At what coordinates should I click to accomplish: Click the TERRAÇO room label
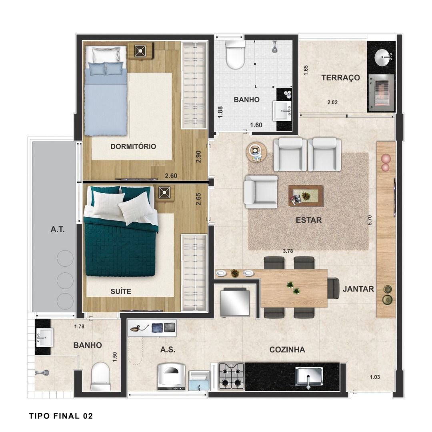[x=340, y=78]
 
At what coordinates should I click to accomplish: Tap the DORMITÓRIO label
[x=133, y=146]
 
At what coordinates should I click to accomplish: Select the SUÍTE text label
[x=121, y=292]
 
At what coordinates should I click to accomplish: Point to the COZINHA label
[x=287, y=350]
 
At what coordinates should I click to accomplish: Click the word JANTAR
[x=358, y=289]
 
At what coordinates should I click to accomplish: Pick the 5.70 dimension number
[x=370, y=220]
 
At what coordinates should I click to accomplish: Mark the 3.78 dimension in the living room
[x=288, y=251]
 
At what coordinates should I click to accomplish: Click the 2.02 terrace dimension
[x=332, y=102]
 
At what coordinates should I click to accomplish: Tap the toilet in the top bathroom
[x=235, y=55]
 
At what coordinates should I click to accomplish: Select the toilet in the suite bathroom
[x=100, y=377]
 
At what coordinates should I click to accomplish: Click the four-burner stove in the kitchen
[x=232, y=376]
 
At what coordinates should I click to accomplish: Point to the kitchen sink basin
[x=308, y=376]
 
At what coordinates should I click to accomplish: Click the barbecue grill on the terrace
[x=381, y=92]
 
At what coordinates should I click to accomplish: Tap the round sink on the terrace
[x=382, y=58]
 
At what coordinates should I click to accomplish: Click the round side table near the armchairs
[x=256, y=152]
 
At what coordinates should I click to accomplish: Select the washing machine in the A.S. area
[x=171, y=376]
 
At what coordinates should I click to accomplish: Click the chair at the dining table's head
[x=333, y=288]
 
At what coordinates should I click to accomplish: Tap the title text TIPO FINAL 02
[x=61, y=416]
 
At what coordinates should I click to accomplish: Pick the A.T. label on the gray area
[x=57, y=229]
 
